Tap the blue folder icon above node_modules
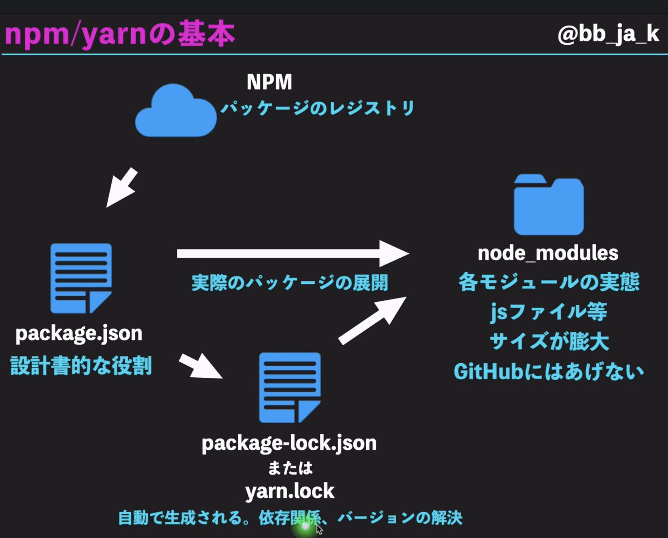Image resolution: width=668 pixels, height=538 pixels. point(548,206)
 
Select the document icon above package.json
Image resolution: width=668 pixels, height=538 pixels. point(81,278)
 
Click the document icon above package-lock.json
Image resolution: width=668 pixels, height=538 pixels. point(290,387)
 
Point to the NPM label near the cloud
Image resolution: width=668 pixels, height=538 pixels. point(269,82)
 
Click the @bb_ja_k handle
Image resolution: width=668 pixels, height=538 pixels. point(608,34)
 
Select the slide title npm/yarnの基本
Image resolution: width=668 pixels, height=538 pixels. point(120,34)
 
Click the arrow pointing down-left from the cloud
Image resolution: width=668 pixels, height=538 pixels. point(122,188)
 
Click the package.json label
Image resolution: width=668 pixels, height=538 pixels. point(79,334)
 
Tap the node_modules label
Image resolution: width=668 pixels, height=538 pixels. point(548,253)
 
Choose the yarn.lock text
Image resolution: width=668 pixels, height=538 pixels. point(290,491)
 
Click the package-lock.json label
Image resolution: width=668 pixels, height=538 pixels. point(289,443)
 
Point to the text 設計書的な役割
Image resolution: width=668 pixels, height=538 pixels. point(81,366)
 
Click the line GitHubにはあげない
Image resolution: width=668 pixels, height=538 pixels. point(548,371)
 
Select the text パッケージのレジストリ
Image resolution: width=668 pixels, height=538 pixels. point(317,108)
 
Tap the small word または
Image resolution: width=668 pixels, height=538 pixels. point(290,468)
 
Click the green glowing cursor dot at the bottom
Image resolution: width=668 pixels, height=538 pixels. point(305,526)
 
